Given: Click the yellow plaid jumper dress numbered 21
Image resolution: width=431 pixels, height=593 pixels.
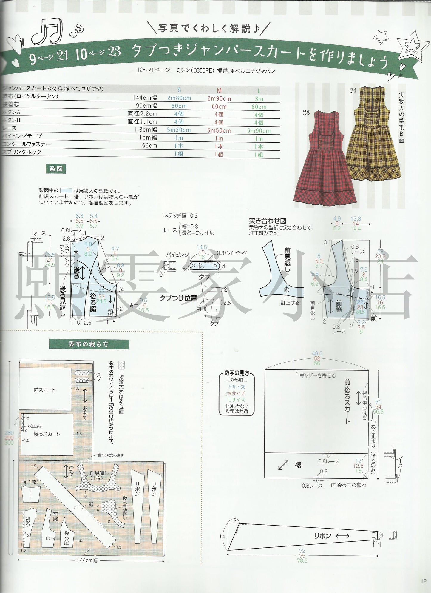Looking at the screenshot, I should (x=373, y=137).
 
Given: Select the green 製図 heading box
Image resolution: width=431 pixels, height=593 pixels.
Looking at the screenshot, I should (x=56, y=169).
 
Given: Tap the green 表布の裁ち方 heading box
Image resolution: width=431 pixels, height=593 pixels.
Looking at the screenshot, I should (x=89, y=344).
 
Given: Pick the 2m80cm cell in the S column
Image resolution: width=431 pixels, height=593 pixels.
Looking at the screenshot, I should (x=179, y=98).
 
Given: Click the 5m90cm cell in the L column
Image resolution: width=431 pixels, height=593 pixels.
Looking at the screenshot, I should (x=259, y=131).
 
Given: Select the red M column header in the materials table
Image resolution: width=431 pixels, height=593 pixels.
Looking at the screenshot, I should (x=219, y=90).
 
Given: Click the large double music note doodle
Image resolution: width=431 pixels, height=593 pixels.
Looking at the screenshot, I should (x=48, y=31).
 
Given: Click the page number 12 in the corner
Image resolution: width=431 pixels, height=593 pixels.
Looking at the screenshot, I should (x=424, y=581).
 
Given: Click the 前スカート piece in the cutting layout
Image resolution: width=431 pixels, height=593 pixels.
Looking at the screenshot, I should (x=45, y=390).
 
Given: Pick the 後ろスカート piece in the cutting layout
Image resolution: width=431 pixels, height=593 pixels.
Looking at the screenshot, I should (x=47, y=434).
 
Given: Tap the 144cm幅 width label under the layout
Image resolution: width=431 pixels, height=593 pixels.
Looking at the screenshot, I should (x=87, y=560).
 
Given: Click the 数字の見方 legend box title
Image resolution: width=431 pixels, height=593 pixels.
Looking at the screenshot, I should (x=237, y=373).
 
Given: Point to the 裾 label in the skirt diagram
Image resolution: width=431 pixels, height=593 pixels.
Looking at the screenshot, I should (x=298, y=465).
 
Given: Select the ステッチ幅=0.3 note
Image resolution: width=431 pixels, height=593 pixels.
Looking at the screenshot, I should (x=180, y=215).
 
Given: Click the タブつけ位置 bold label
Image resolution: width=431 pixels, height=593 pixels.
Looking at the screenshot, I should (x=178, y=298).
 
